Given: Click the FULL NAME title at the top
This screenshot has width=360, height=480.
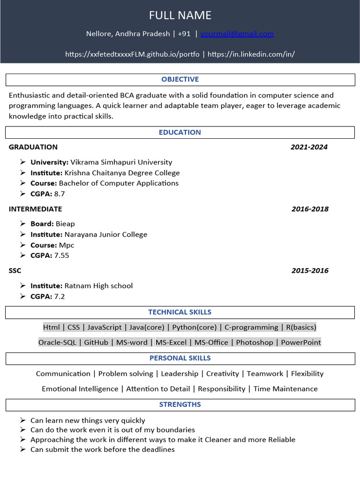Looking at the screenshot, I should tap(180, 15).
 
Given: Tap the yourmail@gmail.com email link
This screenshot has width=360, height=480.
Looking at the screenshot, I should tap(237, 34).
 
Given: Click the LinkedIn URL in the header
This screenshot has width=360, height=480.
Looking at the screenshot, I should tap(251, 54).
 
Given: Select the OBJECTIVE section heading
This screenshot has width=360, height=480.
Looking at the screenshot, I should tap(180, 79).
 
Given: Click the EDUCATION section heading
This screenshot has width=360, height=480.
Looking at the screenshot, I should tap(180, 132).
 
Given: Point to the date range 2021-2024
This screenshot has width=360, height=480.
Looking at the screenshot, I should tap(309, 147).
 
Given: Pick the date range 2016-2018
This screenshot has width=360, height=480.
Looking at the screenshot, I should tap(310, 209).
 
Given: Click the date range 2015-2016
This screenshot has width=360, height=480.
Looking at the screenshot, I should tap(310, 271).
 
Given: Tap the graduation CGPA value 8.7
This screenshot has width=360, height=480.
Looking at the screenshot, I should tap(60, 194).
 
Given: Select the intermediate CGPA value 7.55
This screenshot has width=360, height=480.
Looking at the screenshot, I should tap(62, 255).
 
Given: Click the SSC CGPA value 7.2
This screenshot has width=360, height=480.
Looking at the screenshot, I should tap(60, 296).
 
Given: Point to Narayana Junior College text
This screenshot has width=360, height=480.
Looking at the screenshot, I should tap(106, 234).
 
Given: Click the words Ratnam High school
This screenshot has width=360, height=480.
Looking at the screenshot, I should tap(98, 286).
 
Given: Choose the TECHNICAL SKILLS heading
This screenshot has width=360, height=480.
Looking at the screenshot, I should tap(180, 312).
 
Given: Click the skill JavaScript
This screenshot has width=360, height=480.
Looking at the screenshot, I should tap(105, 327).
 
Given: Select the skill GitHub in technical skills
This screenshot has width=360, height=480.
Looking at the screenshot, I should tap(96, 342).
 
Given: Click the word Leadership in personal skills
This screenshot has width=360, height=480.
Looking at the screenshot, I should tap(180, 374).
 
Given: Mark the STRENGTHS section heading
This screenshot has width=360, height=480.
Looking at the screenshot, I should tap(180, 405).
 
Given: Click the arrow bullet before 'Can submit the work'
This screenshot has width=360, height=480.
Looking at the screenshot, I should tap(23, 450).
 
